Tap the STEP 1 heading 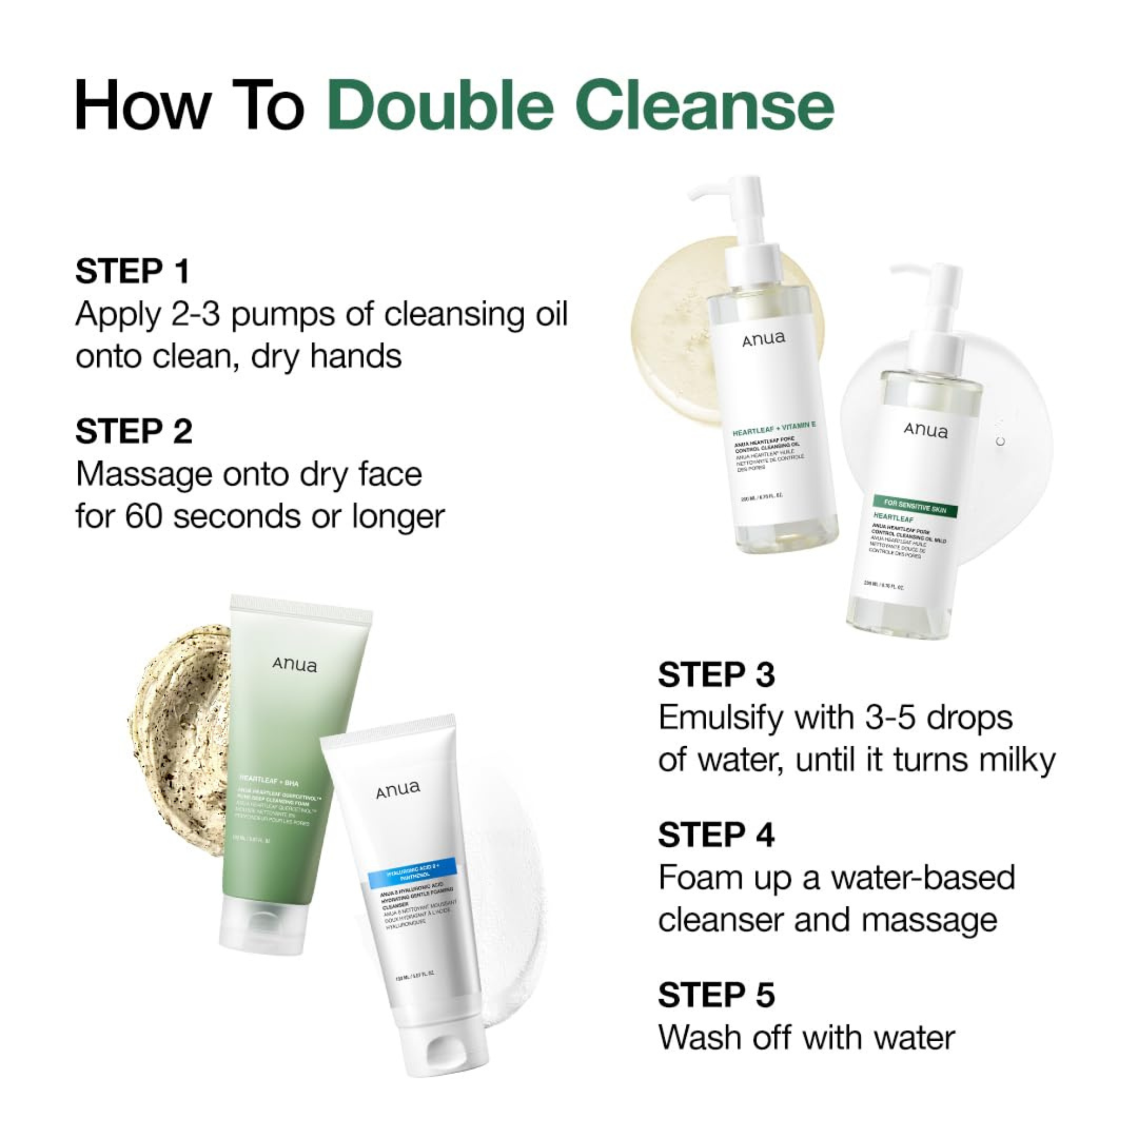[133, 272]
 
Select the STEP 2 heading [134, 432]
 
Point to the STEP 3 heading [716, 675]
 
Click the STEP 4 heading [716, 835]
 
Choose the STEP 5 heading [716, 995]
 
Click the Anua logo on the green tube [295, 665]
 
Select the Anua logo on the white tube [399, 789]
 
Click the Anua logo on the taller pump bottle [764, 340]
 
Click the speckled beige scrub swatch [177, 730]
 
